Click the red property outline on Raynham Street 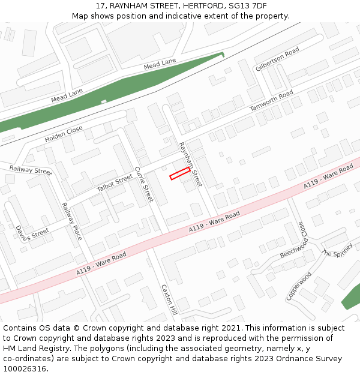tap(179, 174)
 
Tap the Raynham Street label tap(191, 164)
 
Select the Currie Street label tap(144, 184)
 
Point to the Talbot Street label tap(114, 184)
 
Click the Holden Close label tap(64, 134)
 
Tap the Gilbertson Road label tap(277, 59)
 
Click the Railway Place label tap(71, 221)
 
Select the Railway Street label tap(31, 170)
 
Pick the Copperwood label tap(299, 286)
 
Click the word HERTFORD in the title tap(202, 6)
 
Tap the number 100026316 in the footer tap(26, 369)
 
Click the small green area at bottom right tap(351, 298)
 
